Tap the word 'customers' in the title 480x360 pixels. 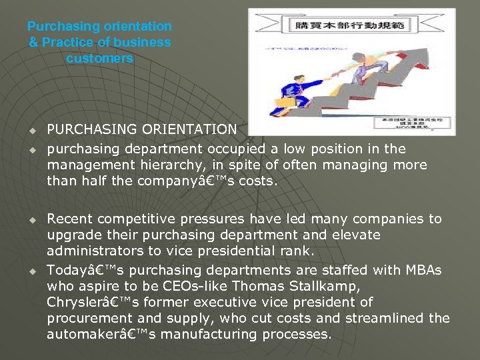[x=99, y=58]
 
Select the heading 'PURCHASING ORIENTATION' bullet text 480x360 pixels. [x=141, y=129]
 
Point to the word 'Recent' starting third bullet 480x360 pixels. [x=69, y=219]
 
